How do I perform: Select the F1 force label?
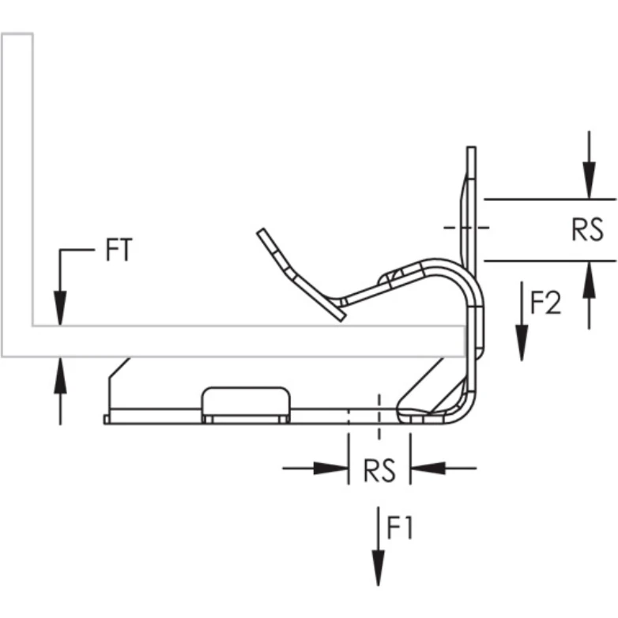(399, 527)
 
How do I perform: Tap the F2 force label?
(545, 302)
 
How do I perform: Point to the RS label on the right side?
(587, 230)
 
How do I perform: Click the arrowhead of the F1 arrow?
(379, 571)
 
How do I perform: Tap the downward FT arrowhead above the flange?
(59, 308)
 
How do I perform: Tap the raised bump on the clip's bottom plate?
(245, 401)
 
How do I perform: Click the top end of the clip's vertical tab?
(472, 150)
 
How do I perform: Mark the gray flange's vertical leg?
(17, 190)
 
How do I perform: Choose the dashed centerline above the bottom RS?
(379, 415)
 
